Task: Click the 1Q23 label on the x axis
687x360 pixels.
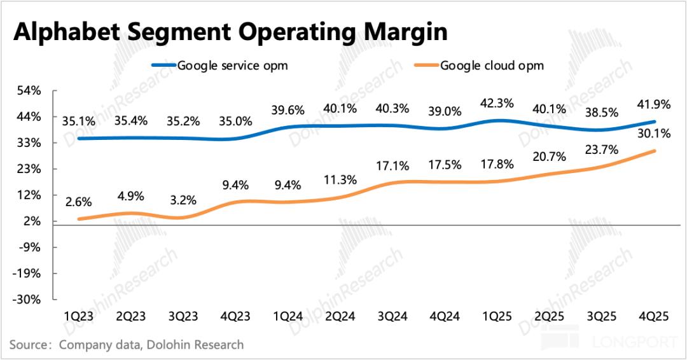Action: click(x=78, y=316)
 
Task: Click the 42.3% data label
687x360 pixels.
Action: click(x=497, y=102)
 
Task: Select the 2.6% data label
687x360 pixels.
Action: click(x=78, y=202)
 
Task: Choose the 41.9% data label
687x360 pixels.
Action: click(x=651, y=104)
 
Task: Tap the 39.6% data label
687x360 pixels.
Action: click(x=288, y=110)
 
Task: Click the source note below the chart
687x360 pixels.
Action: click(x=126, y=345)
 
